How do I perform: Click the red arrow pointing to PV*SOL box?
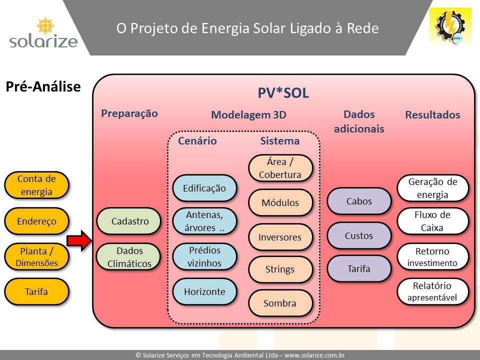79,240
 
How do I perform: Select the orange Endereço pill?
36,221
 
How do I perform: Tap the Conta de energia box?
36,185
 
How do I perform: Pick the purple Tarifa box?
359,268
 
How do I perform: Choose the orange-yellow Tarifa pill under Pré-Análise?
36,291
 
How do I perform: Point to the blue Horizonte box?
204,291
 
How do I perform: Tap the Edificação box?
204,188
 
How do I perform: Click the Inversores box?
280,237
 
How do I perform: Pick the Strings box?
280,269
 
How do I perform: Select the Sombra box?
280,303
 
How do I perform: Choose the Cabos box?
359,201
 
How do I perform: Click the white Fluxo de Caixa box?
432,221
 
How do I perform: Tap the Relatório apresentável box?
432,291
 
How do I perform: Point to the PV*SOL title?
283,93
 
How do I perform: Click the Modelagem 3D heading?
248,115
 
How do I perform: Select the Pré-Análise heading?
43,86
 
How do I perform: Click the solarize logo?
43,33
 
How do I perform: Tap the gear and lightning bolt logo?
450,26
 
